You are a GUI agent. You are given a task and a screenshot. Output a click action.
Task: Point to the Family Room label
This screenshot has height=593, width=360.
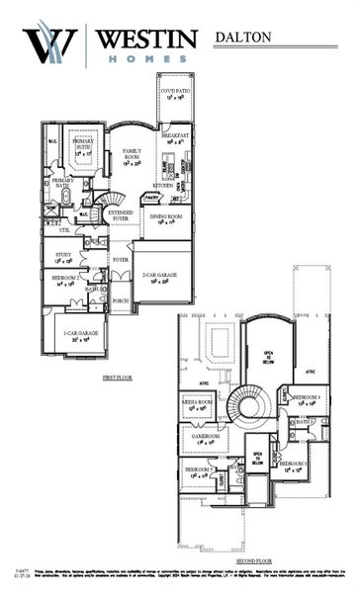click(x=133, y=156)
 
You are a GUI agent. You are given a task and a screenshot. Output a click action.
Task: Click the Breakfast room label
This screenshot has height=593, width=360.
click(x=175, y=137)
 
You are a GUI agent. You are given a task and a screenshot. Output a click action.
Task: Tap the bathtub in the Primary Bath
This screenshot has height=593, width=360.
click(x=67, y=196)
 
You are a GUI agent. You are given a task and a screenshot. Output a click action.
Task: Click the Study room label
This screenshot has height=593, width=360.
click(x=62, y=257)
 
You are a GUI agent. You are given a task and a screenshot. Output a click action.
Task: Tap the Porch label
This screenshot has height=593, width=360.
click(x=121, y=300)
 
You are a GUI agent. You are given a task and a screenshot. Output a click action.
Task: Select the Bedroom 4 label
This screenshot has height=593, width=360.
click(x=309, y=398)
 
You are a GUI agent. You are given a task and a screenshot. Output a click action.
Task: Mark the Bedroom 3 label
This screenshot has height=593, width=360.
click(x=294, y=466)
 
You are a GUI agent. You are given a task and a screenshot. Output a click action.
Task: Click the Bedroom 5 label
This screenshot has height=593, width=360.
click(x=197, y=471)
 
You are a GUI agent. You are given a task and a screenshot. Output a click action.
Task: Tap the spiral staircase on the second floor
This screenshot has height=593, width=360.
click(x=249, y=403)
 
